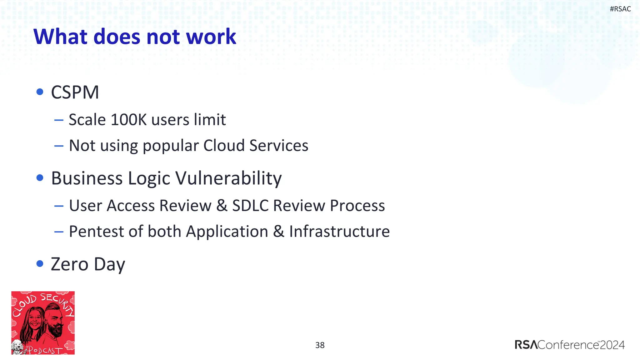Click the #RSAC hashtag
(x=620, y=9)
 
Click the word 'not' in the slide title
(x=163, y=37)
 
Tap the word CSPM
(x=75, y=92)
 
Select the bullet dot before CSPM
(x=40, y=92)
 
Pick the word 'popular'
(x=171, y=146)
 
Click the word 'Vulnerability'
(x=228, y=178)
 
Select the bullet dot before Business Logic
(x=40, y=178)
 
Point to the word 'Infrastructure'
(x=339, y=232)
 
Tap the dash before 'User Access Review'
(x=59, y=206)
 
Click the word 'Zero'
(x=70, y=264)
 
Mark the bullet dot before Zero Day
(x=40, y=264)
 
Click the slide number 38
(x=320, y=345)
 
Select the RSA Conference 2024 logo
(x=569, y=345)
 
